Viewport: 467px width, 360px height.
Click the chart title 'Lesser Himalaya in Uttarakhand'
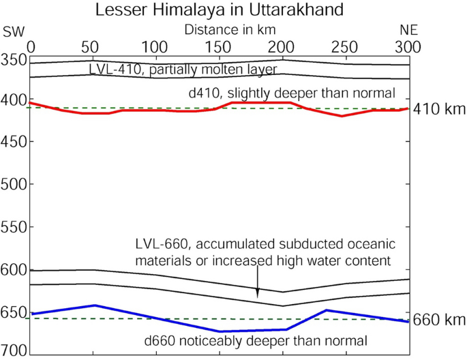tap(219, 10)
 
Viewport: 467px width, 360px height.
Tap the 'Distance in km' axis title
tap(233, 30)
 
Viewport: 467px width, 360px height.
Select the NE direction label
tap(408, 31)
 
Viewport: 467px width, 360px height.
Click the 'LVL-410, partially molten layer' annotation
tap(182, 70)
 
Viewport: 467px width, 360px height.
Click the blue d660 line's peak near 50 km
tap(94, 305)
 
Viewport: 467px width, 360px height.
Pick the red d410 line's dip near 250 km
tap(342, 116)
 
